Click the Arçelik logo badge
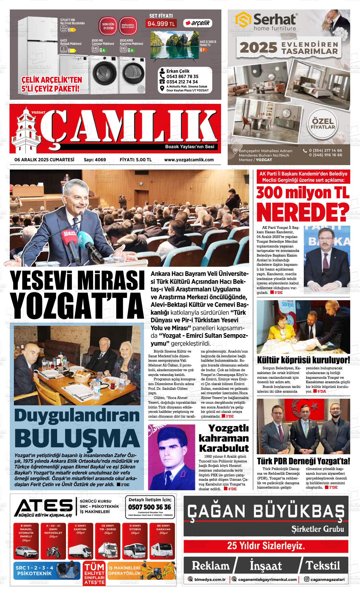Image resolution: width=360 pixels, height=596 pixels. pos(198,23)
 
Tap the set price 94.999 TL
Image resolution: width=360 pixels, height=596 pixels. pos(161,24)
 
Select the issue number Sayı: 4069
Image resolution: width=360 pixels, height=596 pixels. pos(95,160)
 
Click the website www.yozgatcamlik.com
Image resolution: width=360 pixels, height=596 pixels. pos(189,160)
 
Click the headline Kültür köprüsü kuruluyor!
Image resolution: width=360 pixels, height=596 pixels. pos(303,360)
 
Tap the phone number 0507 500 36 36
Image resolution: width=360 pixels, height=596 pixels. pos(150,507)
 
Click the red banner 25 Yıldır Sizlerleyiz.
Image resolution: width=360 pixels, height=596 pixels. pos(266,546)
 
